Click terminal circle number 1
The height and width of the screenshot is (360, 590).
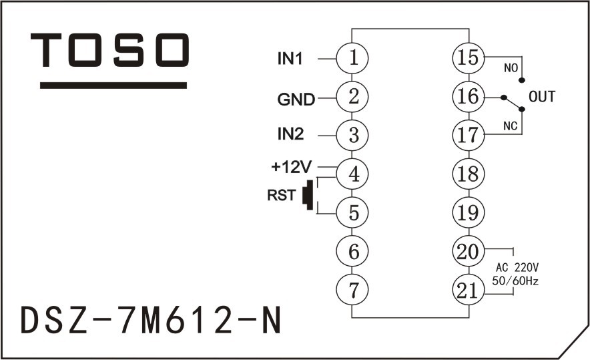tap(354, 58)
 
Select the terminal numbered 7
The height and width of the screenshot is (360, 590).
tap(354, 290)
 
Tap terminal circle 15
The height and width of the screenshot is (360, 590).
tap(468, 58)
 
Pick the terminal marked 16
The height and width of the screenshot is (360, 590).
tap(468, 97)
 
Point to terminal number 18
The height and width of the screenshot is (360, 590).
tap(468, 174)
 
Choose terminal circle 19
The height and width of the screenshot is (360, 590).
tap(468, 213)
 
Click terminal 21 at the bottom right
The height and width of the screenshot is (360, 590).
tap(468, 290)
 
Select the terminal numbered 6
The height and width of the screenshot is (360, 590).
tap(354, 252)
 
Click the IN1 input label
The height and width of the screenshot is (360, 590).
tap(290, 59)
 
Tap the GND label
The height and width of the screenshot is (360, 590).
tap(296, 100)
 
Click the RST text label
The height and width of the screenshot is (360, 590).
tap(281, 196)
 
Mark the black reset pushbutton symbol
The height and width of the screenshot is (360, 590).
tap(308, 195)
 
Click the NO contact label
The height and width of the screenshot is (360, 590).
tap(509, 69)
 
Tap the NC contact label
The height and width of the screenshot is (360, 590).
tap(509, 125)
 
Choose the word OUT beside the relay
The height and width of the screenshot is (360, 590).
tap(541, 98)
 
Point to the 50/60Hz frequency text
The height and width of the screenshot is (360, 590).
tap(515, 281)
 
